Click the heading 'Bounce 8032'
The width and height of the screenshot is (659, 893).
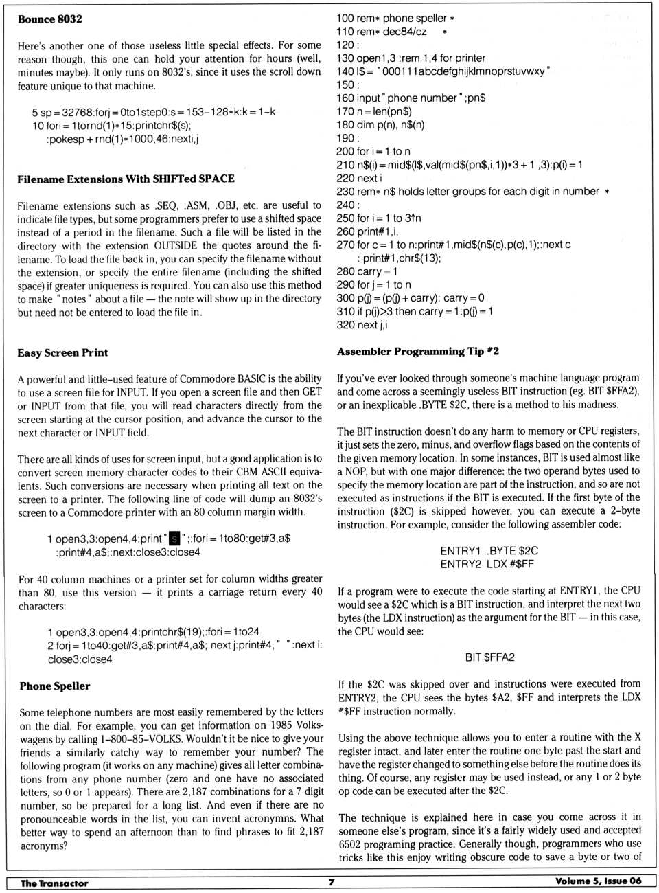(x=49, y=19)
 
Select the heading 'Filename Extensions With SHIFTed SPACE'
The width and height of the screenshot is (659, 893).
(x=126, y=179)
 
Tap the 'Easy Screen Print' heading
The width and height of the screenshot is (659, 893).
(x=62, y=352)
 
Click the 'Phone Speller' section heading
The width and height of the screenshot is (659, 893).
(x=55, y=686)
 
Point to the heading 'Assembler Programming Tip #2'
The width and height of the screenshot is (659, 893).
(x=417, y=351)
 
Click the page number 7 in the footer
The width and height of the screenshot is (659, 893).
(x=332, y=882)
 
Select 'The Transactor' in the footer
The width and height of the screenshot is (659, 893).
(x=54, y=883)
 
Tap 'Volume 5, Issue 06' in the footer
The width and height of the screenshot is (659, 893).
(x=598, y=881)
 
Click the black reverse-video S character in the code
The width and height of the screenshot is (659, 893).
(x=174, y=539)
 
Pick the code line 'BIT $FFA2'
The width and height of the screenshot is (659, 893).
(x=489, y=657)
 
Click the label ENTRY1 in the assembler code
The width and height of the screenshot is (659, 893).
(x=460, y=550)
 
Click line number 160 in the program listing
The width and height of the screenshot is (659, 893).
(x=345, y=98)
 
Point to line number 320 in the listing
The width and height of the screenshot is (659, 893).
(x=345, y=325)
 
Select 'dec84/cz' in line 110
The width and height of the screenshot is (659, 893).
(x=404, y=32)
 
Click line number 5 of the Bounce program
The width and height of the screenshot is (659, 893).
(x=34, y=112)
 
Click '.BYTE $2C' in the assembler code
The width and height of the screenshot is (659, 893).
(x=512, y=550)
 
